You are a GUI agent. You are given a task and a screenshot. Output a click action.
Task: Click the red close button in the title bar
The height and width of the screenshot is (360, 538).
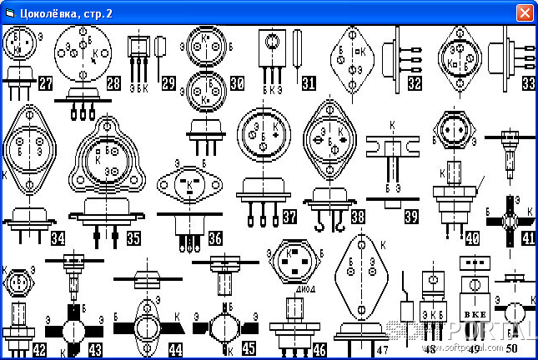[525, 12]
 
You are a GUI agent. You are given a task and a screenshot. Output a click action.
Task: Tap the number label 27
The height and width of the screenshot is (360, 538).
[45, 82]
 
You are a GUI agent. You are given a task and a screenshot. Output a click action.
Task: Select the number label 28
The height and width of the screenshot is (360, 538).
[113, 82]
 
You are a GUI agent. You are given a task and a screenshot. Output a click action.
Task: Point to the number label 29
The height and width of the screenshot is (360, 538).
[169, 82]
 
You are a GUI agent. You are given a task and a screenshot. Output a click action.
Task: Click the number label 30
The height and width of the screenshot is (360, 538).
[237, 82]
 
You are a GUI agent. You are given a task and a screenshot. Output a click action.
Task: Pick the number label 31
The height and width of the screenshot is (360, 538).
[309, 82]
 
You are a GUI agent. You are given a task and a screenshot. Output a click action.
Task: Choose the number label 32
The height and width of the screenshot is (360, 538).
[415, 82]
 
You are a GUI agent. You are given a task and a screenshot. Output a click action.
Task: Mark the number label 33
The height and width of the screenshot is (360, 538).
[528, 82]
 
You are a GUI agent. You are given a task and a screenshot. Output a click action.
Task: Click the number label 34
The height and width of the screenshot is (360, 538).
[58, 238]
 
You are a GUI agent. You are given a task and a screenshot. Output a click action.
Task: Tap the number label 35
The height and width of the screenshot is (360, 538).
[133, 238]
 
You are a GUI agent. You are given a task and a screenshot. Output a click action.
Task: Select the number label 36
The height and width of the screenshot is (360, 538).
[215, 238]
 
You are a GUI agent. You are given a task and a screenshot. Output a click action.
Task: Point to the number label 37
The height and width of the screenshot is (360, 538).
[289, 217]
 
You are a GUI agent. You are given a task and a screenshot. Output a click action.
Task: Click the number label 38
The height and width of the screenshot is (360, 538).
[358, 217]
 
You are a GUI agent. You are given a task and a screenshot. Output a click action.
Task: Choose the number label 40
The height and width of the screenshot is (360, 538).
[472, 238]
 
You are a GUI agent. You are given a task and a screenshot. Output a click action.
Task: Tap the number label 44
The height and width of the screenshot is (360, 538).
[175, 349]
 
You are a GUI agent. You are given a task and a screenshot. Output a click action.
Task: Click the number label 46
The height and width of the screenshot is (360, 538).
[319, 349]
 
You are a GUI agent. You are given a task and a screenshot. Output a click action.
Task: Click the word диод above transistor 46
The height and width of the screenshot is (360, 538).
[305, 282]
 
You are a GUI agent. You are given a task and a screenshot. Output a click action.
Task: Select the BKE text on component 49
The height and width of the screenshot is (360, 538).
[473, 312]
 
